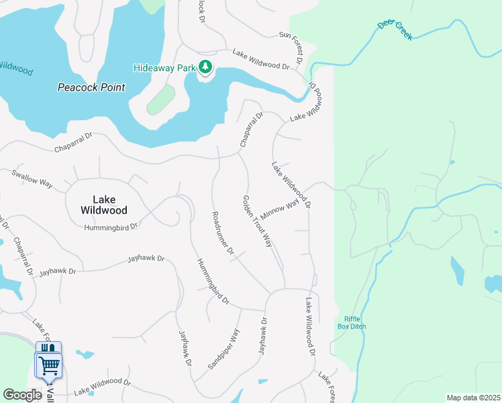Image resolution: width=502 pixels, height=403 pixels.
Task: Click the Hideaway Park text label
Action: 164,67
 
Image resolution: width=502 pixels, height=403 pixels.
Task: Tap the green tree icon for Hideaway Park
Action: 205,67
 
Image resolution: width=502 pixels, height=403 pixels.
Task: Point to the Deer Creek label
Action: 395,30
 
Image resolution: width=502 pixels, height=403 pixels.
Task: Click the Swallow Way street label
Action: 32,178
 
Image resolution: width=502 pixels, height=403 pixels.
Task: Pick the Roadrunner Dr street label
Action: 222,233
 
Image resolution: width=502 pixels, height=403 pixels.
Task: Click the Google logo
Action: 23,395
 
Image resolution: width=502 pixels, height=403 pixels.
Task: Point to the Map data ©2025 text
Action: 472,398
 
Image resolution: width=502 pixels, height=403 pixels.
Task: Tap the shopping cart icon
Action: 49,366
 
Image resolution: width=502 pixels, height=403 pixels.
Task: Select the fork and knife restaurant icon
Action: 47,347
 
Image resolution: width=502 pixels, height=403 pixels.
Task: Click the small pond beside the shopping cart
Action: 85,354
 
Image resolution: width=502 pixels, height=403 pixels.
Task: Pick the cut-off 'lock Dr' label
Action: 201,9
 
